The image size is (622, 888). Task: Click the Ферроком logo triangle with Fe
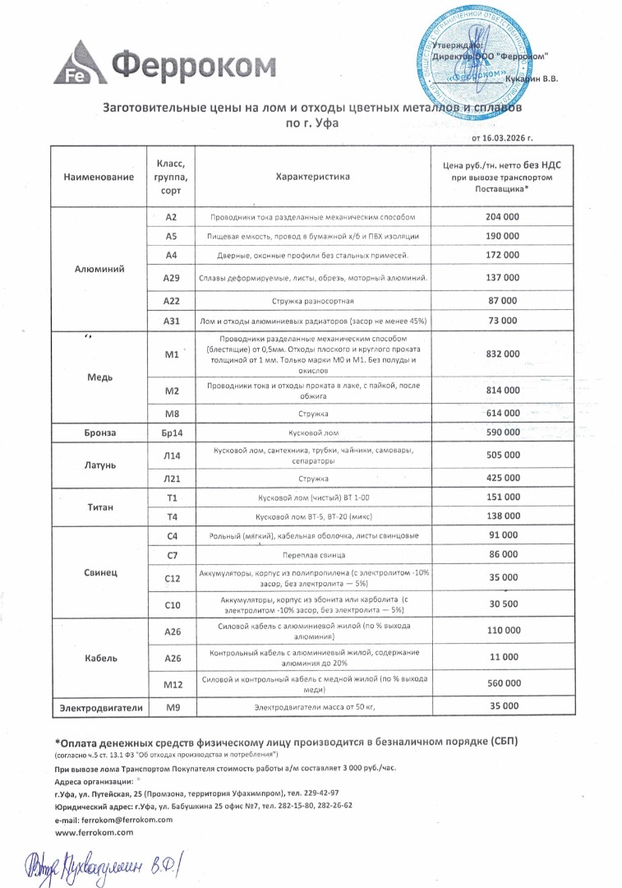tap(76, 62)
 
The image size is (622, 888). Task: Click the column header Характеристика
tap(312, 177)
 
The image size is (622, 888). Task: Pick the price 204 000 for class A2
tap(502, 216)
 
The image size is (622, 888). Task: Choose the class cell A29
tap(172, 278)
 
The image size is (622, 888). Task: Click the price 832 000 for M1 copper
tap(502, 354)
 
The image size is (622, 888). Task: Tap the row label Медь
tap(97, 377)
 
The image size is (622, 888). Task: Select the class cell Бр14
tap(172, 432)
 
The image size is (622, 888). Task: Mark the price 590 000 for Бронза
tap(502, 432)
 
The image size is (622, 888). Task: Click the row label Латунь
tap(97, 465)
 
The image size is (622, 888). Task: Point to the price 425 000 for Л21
tap(502, 478)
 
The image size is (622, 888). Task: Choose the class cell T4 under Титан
tap(172, 516)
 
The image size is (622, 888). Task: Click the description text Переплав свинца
tap(312, 555)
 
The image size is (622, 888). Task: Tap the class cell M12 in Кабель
tap(172, 683)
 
